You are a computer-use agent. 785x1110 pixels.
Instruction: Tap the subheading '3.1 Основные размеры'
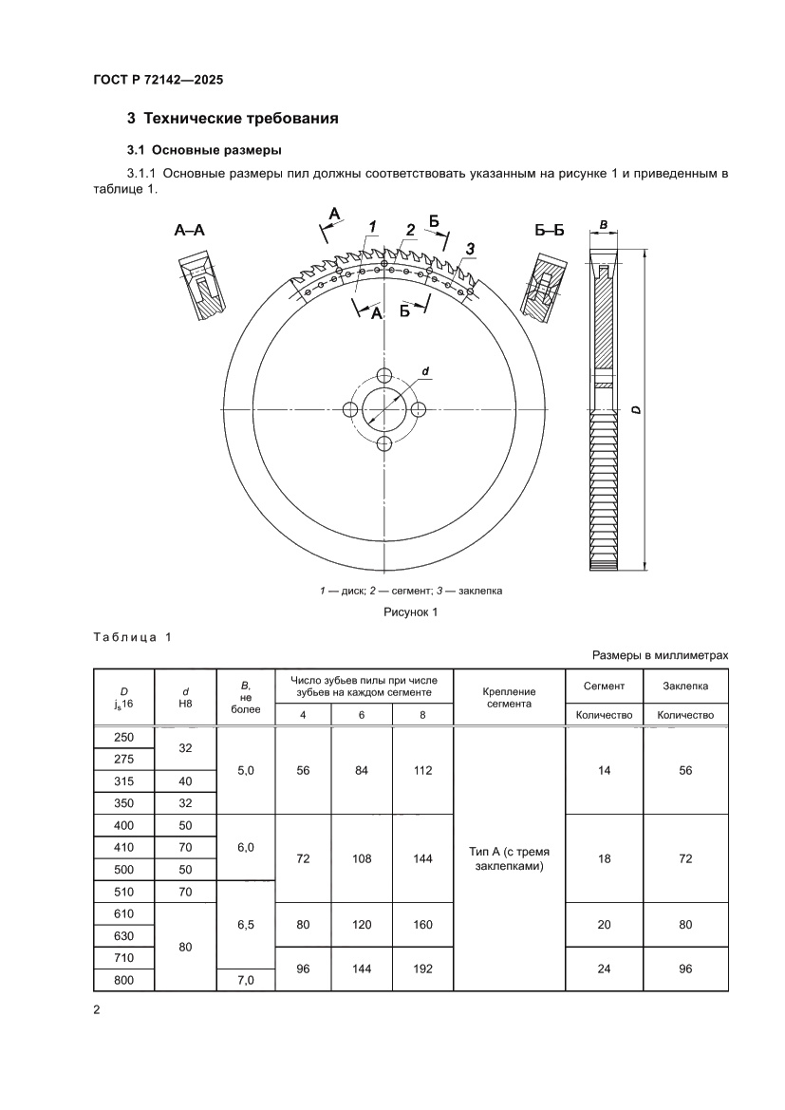click(x=201, y=150)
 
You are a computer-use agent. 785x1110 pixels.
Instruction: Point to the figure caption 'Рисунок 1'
click(x=410, y=612)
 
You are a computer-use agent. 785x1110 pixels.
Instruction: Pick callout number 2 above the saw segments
click(x=410, y=229)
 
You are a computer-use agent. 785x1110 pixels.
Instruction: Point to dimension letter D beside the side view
click(x=634, y=409)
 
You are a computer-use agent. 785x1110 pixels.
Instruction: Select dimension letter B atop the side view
click(x=604, y=225)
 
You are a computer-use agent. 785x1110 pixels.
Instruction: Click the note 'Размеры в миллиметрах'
click(x=661, y=655)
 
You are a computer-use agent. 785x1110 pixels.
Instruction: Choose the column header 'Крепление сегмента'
click(x=510, y=698)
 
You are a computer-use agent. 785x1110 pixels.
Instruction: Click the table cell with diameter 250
click(x=124, y=738)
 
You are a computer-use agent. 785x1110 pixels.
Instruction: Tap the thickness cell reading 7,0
click(x=246, y=979)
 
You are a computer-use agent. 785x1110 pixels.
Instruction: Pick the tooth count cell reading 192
click(x=422, y=969)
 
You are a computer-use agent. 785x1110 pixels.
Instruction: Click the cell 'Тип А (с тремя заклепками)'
click(x=510, y=857)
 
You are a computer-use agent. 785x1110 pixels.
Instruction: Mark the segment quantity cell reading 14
click(x=605, y=770)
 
